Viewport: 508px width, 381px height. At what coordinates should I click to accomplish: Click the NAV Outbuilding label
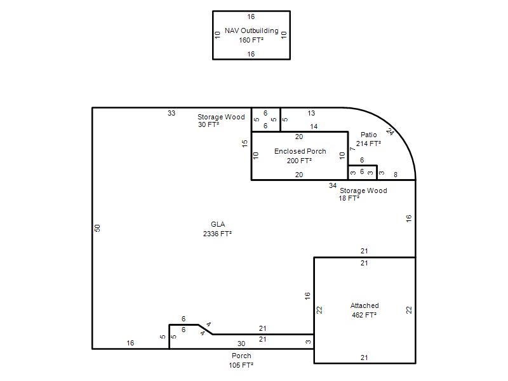[251, 30]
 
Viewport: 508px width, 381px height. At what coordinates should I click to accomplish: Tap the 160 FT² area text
[251, 40]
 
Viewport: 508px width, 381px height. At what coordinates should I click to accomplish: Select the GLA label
[218, 224]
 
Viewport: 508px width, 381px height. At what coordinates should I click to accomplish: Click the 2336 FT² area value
[217, 234]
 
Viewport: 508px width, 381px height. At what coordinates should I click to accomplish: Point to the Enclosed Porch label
[300, 151]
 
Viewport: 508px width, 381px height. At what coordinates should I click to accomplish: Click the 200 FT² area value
[299, 161]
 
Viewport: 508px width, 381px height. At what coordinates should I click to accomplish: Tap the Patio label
[369, 135]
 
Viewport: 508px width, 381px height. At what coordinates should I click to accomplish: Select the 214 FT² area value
[368, 144]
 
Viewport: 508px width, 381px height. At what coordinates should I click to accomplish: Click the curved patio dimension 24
[390, 132]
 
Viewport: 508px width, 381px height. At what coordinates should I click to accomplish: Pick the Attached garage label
[364, 305]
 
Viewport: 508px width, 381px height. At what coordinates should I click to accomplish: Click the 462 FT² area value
[364, 315]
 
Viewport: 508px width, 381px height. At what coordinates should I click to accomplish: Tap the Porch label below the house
[241, 356]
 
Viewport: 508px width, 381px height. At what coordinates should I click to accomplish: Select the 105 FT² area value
[241, 365]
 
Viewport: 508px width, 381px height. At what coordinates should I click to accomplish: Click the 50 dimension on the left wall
[97, 228]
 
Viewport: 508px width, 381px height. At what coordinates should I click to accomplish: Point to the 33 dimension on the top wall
[171, 113]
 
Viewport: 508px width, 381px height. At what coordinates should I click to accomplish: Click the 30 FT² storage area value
[209, 124]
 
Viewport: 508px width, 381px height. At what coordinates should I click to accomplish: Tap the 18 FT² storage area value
[349, 198]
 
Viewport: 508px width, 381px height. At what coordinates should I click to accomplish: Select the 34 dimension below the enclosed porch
[333, 185]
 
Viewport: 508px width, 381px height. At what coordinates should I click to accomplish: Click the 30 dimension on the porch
[241, 344]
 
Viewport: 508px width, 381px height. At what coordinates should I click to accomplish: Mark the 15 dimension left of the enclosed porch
[244, 144]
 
